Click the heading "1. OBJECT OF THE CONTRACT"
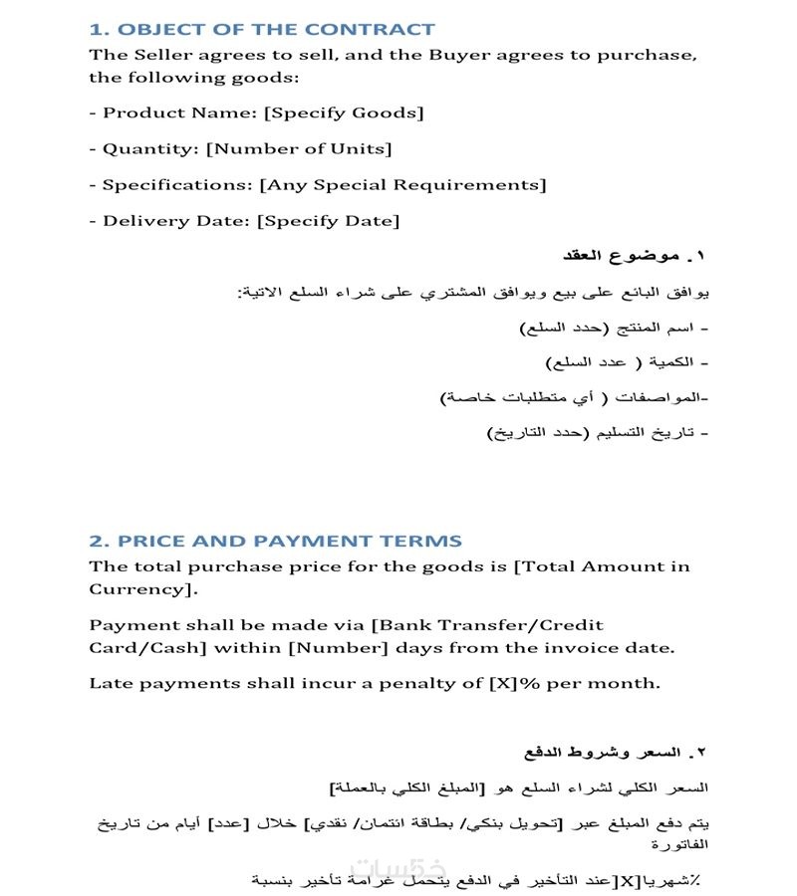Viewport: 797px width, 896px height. (262, 30)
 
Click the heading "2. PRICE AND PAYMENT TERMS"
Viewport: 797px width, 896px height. (275, 542)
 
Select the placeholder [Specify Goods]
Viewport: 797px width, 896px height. (344, 112)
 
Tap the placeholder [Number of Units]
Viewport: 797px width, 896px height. (299, 148)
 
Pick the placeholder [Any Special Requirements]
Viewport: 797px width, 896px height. (402, 184)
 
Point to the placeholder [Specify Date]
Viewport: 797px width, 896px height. (328, 220)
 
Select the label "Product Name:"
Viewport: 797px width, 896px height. (180, 112)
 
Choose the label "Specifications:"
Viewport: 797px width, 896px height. (178, 184)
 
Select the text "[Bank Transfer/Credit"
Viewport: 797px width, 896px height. (487, 625)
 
